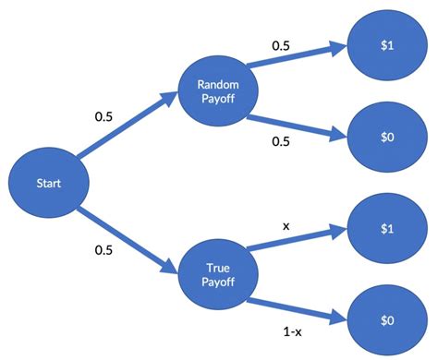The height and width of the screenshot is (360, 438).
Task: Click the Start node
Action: pos(48,183)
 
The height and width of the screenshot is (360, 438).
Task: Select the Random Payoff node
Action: pos(219,91)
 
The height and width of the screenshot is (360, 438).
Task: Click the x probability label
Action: pos(286,224)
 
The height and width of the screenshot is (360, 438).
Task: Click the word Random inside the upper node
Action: pos(219,84)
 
